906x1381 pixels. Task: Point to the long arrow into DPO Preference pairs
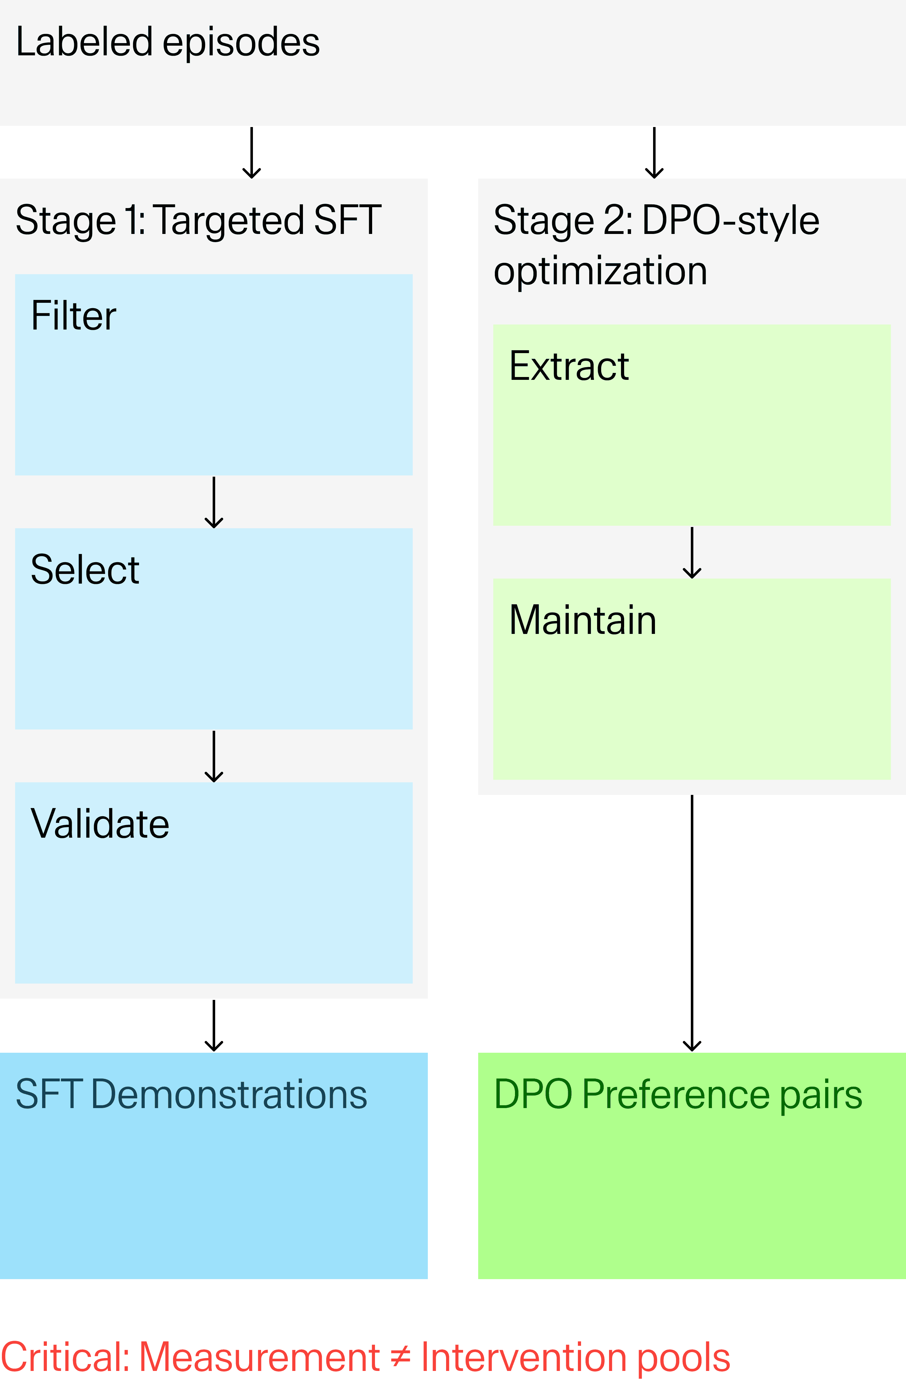point(692,923)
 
